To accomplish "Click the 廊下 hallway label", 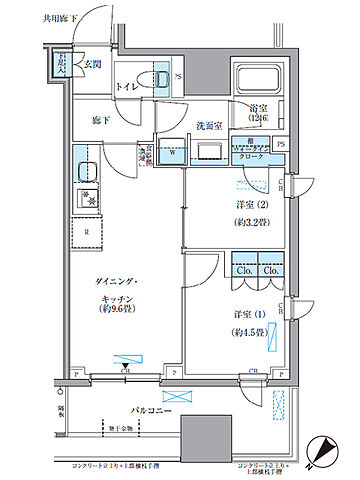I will [x=88, y=118].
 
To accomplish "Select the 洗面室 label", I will [x=207, y=126].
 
